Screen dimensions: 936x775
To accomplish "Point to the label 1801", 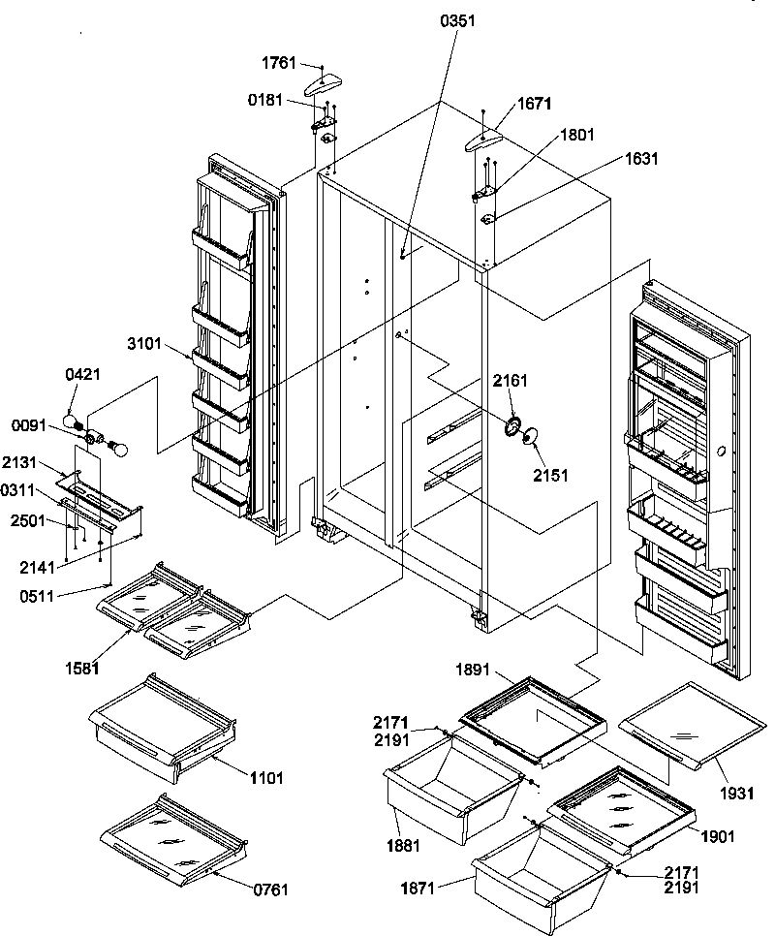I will tap(575, 136).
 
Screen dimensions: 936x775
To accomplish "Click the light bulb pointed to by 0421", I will tap(74, 419).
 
